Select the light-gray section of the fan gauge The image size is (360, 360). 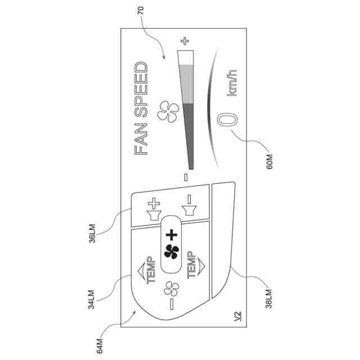coord(186,84)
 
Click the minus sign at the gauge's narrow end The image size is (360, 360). coord(185,178)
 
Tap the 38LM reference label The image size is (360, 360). coord(269,298)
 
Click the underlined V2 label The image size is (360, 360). coord(237,316)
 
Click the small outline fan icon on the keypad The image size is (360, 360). coord(171,289)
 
